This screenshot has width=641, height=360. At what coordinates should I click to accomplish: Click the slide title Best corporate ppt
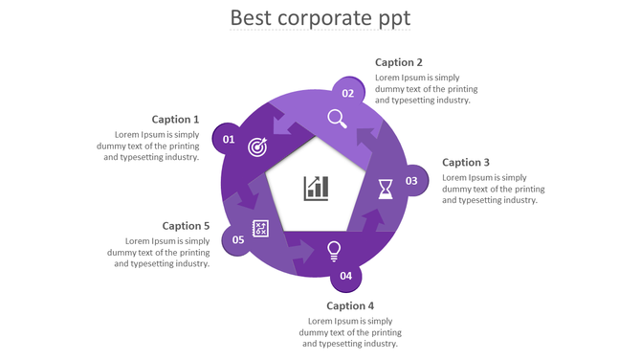coord(320,18)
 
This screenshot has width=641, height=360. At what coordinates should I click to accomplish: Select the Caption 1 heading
coord(175,120)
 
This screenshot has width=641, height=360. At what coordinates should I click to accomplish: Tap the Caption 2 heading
coord(399,62)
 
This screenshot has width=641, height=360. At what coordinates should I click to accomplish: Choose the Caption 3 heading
coord(466,163)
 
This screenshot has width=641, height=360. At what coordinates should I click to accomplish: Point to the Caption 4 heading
coord(350,306)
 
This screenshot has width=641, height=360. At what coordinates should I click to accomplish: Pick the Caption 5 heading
coord(186,226)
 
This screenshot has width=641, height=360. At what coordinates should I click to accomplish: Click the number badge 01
coord(229,140)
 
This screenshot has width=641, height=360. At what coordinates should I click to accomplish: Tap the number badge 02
coord(348,93)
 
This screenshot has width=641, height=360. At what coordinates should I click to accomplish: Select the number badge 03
coord(411,181)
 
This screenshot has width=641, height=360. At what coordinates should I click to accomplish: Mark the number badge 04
coord(345,276)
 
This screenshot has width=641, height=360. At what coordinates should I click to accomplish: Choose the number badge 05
coord(238,239)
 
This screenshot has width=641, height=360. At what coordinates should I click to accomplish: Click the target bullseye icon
coord(257,146)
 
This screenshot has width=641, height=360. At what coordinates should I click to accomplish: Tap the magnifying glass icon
coord(337,119)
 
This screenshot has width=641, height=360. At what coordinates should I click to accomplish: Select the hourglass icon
coord(385,188)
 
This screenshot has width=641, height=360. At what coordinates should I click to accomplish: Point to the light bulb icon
coord(334,251)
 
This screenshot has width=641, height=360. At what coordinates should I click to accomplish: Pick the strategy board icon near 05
coord(260,228)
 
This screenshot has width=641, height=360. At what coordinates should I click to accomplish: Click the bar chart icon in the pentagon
coord(317,188)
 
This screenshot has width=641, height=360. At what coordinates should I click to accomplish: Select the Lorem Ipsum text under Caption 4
coord(349,332)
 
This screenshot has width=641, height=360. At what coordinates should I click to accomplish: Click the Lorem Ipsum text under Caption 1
coord(148,146)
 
